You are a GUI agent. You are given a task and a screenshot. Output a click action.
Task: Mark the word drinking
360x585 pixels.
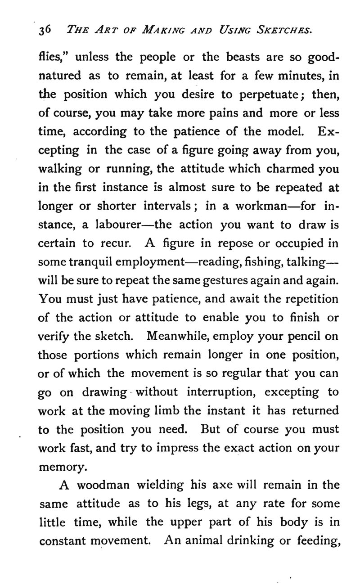point(249,540)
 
